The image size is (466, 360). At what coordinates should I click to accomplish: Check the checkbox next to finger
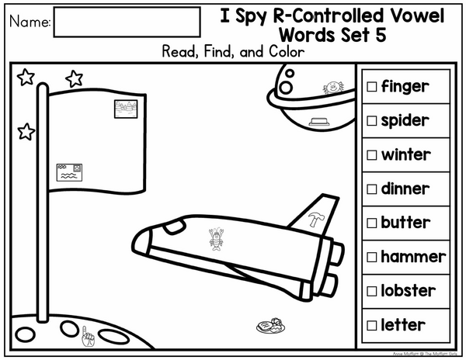(371, 87)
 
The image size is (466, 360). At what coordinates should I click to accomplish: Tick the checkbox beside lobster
(371, 291)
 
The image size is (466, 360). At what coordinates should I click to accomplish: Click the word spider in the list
(405, 121)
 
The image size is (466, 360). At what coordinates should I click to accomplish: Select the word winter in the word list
(406, 154)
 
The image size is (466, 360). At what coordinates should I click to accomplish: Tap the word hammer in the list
(413, 257)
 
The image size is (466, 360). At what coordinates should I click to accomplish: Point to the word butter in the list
(405, 223)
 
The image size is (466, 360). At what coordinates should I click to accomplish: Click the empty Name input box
(127, 22)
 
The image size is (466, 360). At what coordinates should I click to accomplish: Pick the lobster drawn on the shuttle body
(216, 239)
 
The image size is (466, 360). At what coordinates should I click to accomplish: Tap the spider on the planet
(333, 88)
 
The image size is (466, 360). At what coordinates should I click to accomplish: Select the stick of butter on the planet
(319, 122)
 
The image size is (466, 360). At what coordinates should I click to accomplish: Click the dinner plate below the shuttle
(270, 326)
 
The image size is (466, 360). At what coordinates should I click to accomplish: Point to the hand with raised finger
(88, 337)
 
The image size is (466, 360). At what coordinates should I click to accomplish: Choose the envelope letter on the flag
(69, 172)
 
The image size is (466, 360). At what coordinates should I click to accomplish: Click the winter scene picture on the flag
(126, 109)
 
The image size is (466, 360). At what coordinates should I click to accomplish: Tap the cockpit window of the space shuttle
(175, 227)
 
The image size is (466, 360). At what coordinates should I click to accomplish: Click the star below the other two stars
(26, 131)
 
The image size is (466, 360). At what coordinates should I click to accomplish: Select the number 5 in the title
(381, 35)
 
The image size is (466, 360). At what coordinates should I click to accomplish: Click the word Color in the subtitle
(287, 52)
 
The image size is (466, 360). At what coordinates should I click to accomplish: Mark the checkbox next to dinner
(371, 189)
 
